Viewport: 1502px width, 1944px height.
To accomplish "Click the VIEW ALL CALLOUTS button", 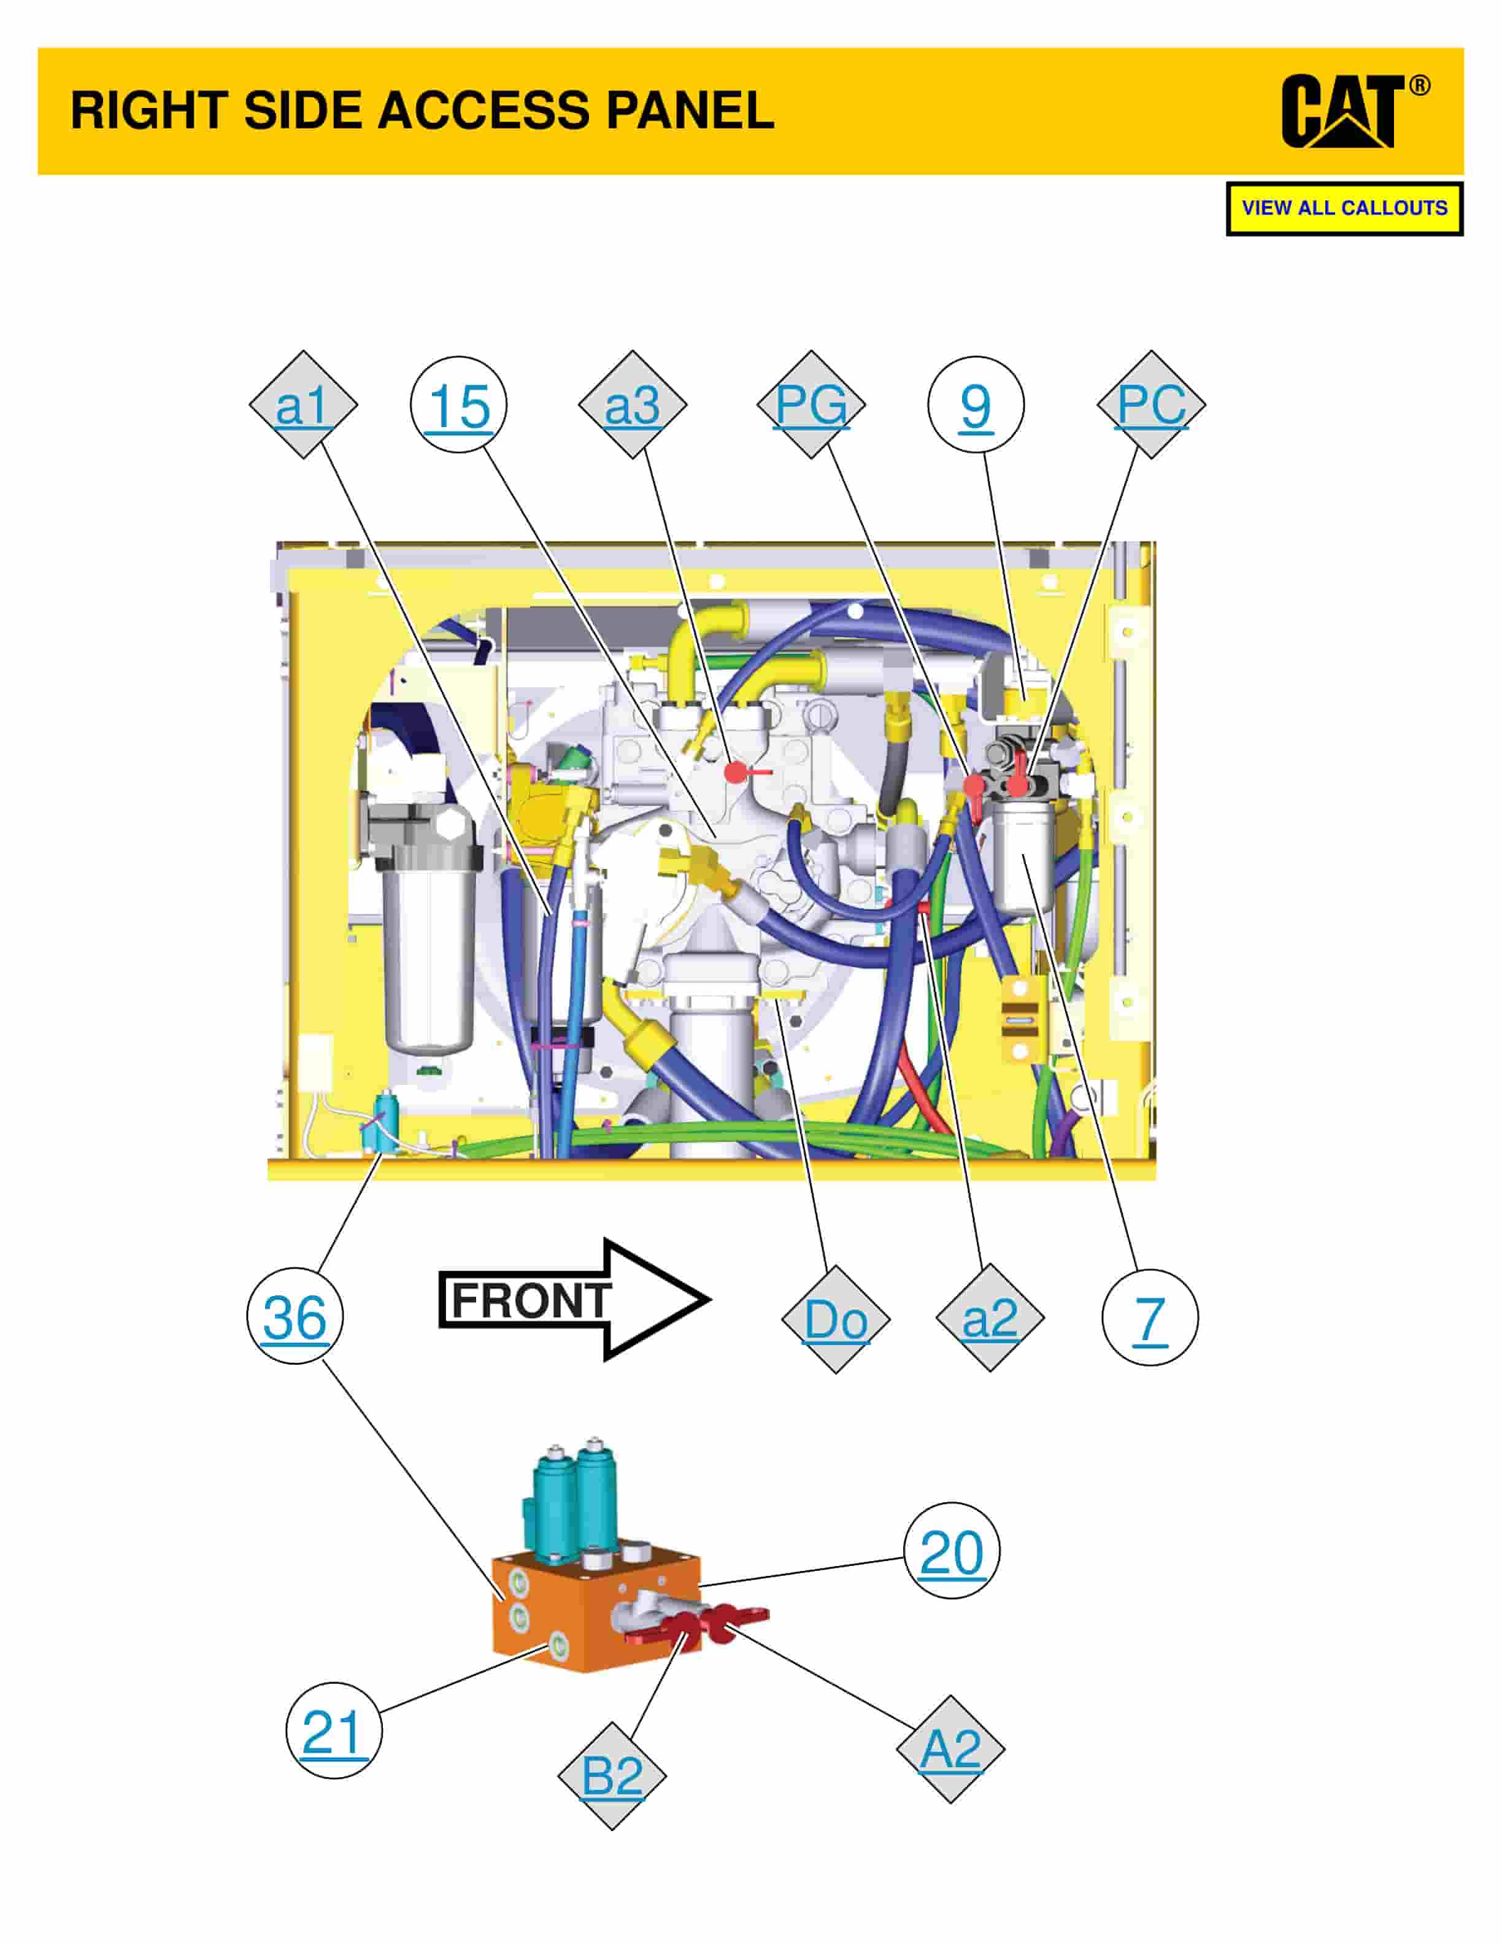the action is [x=1344, y=208].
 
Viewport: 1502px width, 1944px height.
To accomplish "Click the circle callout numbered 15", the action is [x=458, y=405].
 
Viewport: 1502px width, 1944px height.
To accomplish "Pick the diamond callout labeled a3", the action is [x=633, y=405].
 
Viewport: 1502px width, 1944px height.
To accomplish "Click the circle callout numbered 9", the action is [x=976, y=405].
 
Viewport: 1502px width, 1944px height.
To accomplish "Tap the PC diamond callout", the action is [x=1152, y=405].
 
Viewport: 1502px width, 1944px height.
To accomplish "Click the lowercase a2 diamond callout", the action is [x=990, y=1317].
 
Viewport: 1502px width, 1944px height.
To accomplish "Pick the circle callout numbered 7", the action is [x=1150, y=1317].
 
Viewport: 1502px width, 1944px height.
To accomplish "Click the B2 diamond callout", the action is [x=612, y=1776].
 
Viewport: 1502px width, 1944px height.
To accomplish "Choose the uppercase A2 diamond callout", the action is [x=950, y=1749].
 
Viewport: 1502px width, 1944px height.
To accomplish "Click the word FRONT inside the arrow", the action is [x=531, y=1300].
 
